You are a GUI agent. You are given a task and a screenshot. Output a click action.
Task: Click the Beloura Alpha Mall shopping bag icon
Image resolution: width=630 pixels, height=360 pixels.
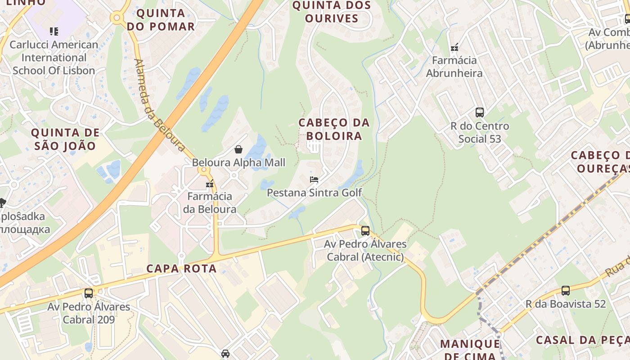pos(238,149)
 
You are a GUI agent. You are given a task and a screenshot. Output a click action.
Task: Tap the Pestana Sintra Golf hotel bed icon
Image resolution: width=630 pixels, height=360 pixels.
pos(314,180)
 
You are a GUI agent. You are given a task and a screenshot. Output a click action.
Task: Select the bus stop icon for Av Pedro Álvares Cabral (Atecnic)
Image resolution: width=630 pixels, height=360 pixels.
pos(365,231)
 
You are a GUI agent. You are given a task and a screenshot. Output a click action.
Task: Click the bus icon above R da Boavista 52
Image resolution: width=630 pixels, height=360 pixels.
pos(566,291)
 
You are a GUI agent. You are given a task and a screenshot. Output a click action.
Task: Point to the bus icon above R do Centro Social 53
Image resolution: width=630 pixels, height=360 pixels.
pos(480,112)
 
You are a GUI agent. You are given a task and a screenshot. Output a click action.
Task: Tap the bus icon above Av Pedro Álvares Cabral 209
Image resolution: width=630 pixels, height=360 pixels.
pos(89,293)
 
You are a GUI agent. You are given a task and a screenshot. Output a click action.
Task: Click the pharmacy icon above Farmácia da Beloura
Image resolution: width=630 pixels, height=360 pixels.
pos(210,184)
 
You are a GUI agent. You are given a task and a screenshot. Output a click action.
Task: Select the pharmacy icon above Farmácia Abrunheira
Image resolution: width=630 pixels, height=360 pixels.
pos(454,47)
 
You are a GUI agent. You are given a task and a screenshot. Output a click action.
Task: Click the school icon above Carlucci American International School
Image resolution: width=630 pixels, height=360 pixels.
pos(54,31)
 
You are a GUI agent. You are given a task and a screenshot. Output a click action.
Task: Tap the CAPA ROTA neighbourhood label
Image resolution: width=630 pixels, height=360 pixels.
pos(181,269)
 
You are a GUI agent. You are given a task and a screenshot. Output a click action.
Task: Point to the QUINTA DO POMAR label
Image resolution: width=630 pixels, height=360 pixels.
pos(161,20)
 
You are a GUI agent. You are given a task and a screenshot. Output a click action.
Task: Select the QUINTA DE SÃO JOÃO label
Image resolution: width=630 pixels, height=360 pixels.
pos(65,139)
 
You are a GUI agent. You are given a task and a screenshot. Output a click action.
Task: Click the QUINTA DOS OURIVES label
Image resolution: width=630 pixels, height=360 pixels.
pos(332,12)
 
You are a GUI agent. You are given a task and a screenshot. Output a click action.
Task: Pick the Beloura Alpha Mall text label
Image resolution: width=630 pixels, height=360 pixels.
pos(238,162)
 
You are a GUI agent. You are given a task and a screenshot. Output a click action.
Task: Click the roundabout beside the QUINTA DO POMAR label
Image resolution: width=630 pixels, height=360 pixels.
pos(117,18)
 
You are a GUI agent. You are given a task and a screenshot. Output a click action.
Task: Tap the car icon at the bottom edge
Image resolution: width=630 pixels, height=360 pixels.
pos(225,353)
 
